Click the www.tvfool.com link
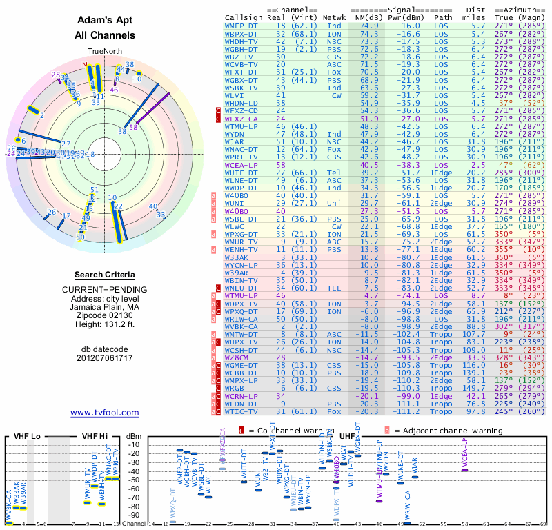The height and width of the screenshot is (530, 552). click(x=105, y=413)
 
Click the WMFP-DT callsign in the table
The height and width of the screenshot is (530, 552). click(x=241, y=25)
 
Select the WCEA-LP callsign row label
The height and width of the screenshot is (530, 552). click(x=241, y=166)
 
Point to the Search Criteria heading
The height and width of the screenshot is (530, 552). click(x=104, y=275)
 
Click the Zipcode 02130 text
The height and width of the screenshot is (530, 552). click(x=104, y=315)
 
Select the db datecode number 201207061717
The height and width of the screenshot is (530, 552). click(x=104, y=357)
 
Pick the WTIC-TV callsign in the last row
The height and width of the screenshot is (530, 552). click(x=241, y=412)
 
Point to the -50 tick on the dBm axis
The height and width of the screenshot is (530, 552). click(x=133, y=480)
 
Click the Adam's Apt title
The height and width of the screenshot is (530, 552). click(x=104, y=21)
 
